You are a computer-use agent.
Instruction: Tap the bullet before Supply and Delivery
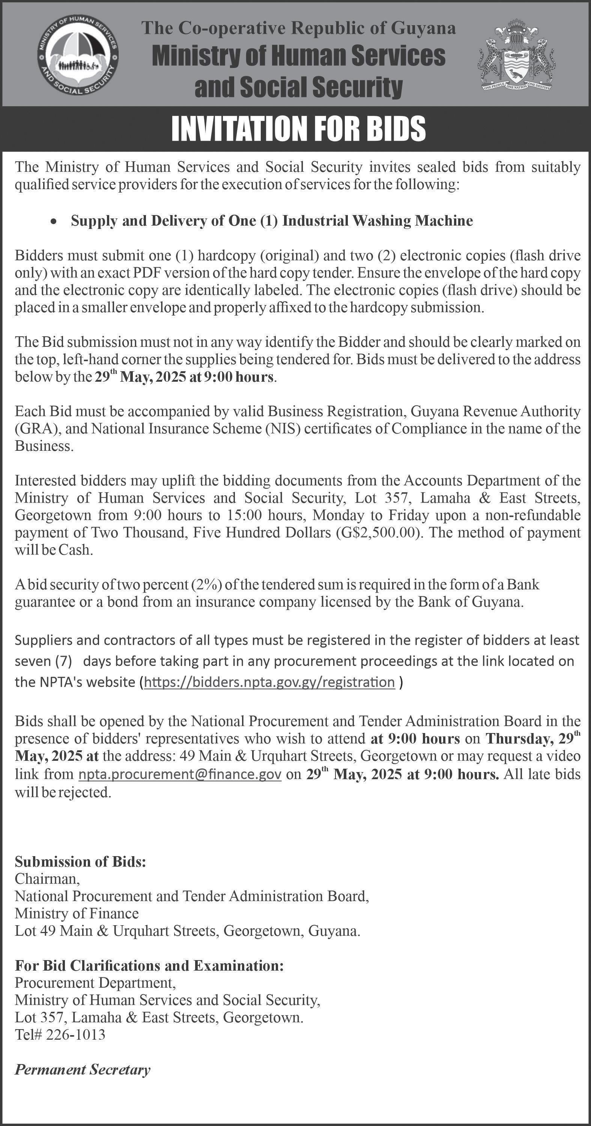pos(53,221)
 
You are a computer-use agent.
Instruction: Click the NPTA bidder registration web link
pos(269,682)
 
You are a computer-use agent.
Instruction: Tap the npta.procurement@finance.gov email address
pos(180,774)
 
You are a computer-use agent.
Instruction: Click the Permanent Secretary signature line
pos(83,1070)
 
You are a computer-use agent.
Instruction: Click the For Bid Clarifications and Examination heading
pos(149,965)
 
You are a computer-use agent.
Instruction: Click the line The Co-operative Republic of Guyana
pos(299,29)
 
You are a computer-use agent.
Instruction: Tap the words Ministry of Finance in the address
pos(77,913)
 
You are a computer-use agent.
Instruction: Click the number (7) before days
pos(63,661)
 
